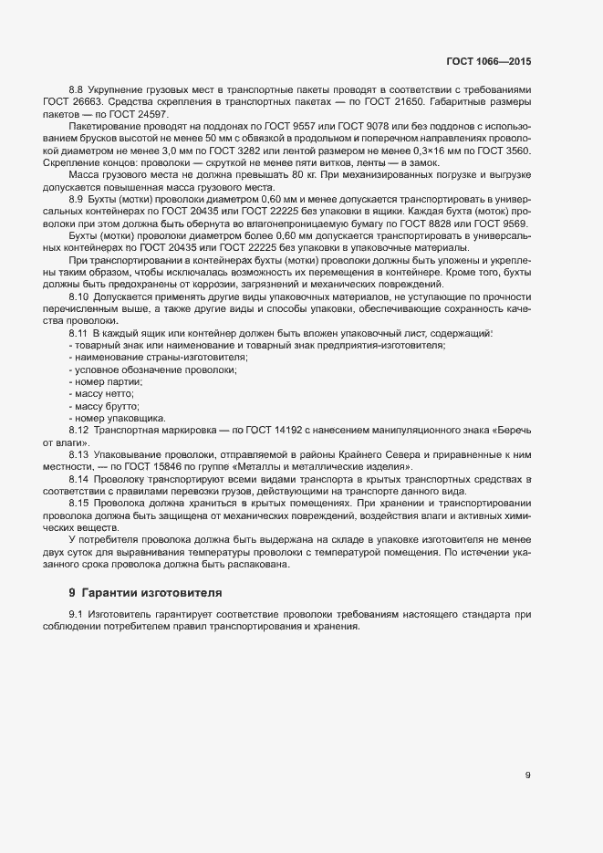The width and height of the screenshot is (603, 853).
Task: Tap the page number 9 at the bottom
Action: coord(527,775)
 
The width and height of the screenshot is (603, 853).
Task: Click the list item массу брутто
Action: coord(107,405)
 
